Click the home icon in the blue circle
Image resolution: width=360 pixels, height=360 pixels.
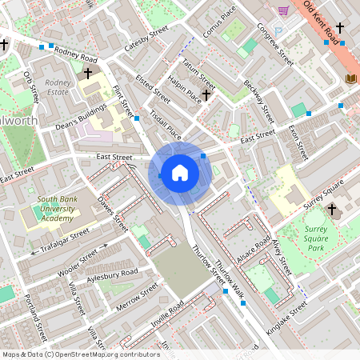(x=180, y=172)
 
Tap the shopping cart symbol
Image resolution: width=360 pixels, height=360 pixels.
(x=283, y=10)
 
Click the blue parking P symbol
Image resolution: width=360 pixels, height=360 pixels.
(x=278, y=31)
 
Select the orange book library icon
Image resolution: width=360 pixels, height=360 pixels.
(x=350, y=78)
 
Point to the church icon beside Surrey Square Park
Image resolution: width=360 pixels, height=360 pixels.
(x=333, y=211)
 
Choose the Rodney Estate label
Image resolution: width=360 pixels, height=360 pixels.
(x=58, y=86)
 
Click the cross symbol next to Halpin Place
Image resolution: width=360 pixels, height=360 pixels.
(x=206, y=94)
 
